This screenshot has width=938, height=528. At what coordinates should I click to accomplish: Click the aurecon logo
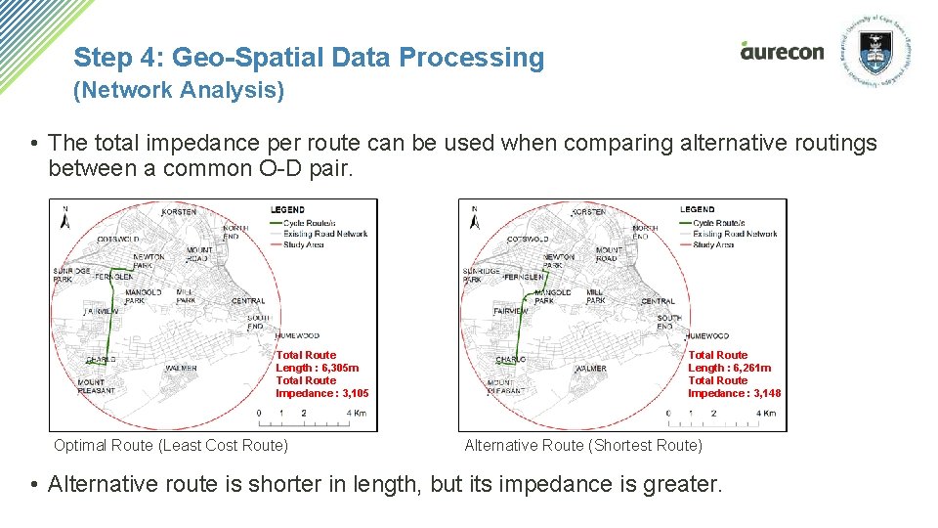[782, 51]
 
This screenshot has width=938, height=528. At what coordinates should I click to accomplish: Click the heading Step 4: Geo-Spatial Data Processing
[309, 58]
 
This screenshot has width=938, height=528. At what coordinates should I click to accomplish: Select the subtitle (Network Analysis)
[179, 91]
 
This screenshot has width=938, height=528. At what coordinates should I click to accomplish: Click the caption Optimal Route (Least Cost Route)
[171, 446]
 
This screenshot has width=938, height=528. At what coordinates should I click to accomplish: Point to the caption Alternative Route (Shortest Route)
[583, 446]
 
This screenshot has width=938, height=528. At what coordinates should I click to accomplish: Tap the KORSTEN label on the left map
[179, 211]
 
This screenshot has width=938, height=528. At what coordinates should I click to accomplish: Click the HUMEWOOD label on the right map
[706, 336]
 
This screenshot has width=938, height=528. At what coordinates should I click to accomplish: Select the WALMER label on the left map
[181, 369]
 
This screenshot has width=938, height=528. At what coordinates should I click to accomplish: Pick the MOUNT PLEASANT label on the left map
[96, 386]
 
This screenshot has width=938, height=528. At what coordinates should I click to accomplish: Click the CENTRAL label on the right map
[658, 301]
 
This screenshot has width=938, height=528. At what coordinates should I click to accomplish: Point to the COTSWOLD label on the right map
[528, 240]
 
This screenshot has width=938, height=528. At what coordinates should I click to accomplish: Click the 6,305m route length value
[338, 368]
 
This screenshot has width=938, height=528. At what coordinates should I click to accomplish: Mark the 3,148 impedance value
[767, 393]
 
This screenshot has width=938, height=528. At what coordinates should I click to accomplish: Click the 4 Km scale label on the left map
[357, 414]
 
